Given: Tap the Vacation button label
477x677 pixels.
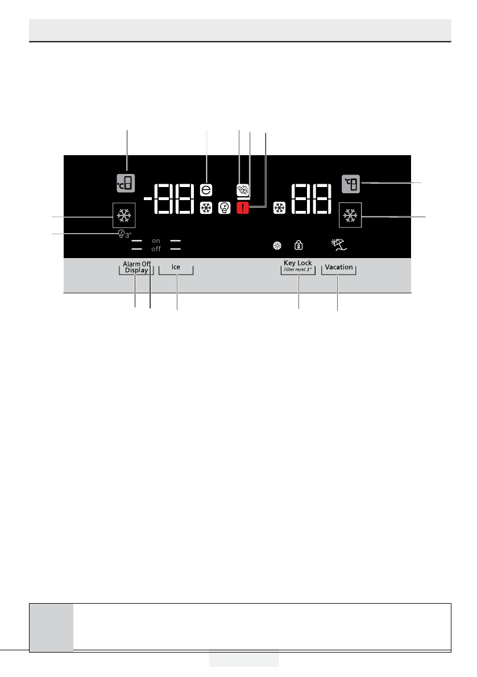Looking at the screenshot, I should [339, 267].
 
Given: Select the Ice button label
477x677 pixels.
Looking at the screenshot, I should [176, 267].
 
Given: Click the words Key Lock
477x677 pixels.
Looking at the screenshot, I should [298, 263].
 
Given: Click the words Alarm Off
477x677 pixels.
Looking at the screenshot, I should [137, 264].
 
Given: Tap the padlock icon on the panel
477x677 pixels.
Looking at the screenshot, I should [298, 246].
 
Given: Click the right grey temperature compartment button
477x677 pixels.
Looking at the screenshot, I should [351, 184].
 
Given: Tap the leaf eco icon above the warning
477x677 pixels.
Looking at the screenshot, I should [243, 191].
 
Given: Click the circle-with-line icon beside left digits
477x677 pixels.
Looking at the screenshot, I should [206, 190].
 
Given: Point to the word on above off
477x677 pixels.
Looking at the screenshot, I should [156, 241].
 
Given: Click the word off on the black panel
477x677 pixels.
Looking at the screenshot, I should [156, 249].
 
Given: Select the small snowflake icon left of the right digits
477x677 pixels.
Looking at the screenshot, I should [279, 209].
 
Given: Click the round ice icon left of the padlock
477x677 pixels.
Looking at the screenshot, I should [277, 246].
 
